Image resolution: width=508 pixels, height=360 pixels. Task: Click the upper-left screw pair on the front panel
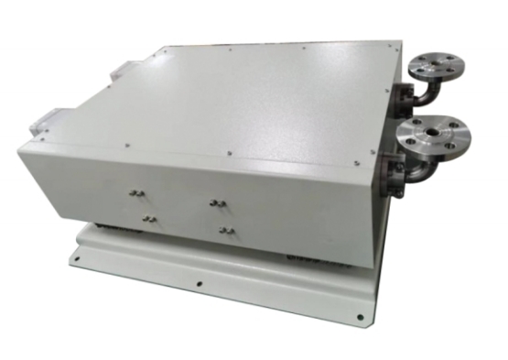tap(136, 194)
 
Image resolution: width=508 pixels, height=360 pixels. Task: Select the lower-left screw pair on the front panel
tap(146, 219)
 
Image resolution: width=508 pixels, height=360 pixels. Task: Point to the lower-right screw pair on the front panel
tap(227, 228)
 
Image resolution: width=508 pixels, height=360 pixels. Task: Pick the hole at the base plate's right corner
tap(360, 317)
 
